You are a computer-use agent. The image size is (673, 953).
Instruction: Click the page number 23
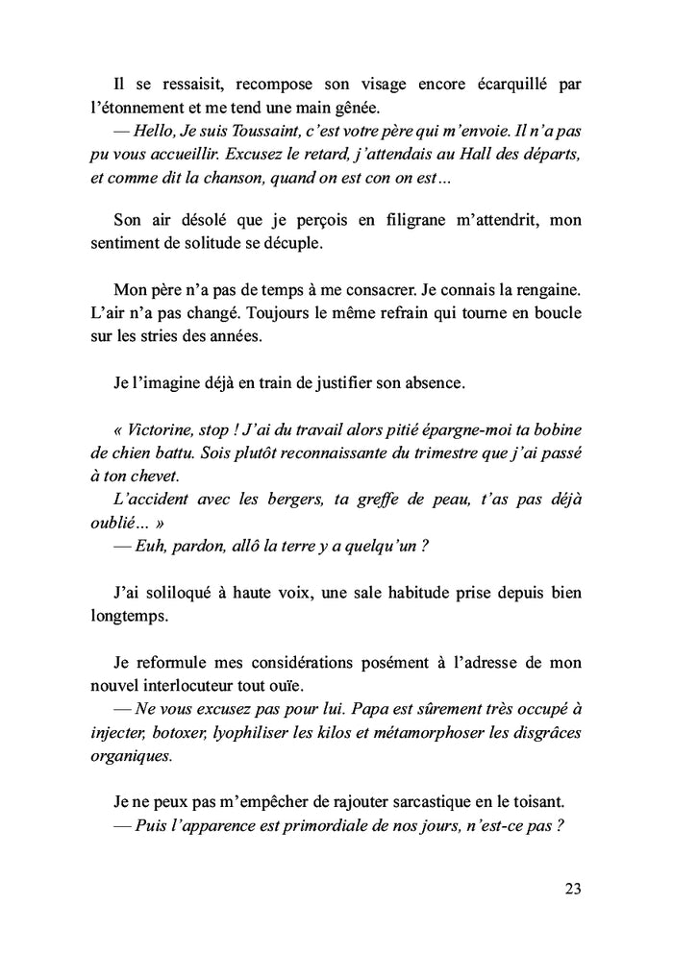[x=573, y=888]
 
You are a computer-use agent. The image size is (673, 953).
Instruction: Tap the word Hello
[x=160, y=131]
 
